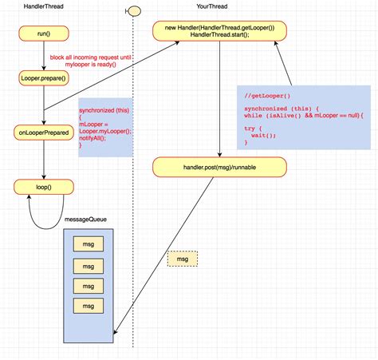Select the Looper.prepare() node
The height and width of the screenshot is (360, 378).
44,78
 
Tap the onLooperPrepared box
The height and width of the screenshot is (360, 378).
44,133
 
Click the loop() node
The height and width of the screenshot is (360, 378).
44,188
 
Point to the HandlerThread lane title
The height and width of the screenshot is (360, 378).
45,6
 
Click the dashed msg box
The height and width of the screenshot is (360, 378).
182,259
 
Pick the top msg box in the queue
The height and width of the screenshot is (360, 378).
87,244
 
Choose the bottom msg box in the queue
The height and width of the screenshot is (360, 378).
87,307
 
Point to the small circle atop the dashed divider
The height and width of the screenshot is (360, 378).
134,10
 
